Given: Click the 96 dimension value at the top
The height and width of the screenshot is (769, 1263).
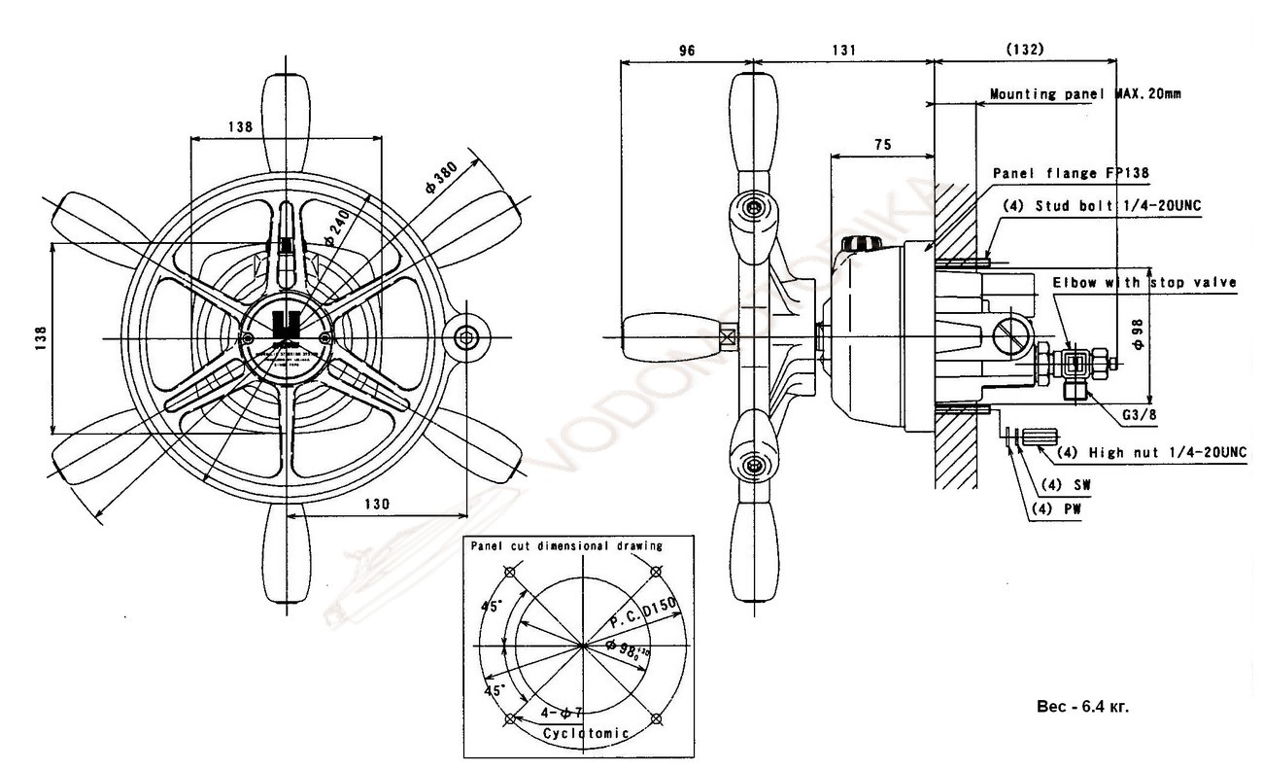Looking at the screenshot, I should [687, 52].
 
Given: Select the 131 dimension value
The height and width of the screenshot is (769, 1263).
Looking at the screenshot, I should [843, 52].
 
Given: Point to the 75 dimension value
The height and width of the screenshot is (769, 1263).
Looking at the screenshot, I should [882, 144].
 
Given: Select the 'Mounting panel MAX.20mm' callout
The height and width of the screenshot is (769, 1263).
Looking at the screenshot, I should [1085, 94].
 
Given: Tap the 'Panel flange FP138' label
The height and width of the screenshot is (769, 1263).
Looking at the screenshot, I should [1071, 172].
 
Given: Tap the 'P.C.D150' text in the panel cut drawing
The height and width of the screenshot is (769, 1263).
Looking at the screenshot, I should [640, 612].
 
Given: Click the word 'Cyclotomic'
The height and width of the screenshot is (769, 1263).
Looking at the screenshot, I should [587, 732].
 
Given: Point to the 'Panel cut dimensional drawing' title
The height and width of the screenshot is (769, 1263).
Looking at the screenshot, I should [566, 545].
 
